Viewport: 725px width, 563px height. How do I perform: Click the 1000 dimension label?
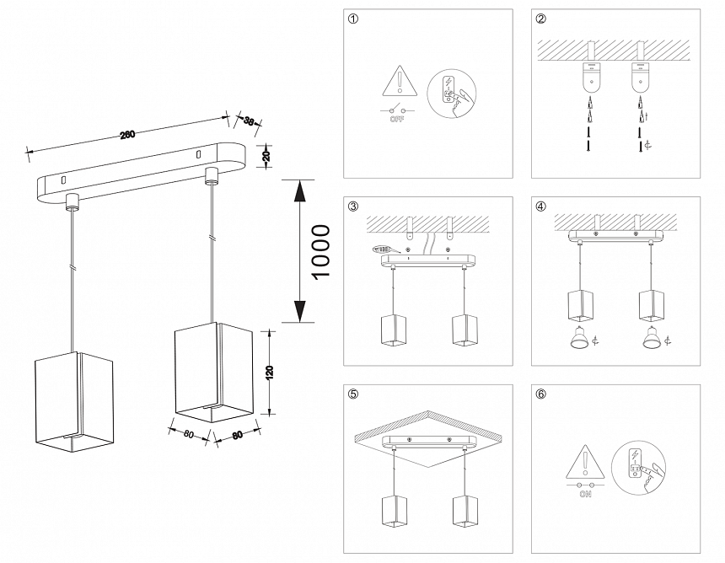[321, 251]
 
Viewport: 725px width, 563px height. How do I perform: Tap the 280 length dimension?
[128, 133]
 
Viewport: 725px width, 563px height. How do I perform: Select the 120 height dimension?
[269, 373]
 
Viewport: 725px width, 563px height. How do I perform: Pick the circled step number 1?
[352, 19]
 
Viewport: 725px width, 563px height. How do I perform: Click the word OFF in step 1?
[396, 121]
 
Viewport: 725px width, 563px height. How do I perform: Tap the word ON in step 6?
[585, 496]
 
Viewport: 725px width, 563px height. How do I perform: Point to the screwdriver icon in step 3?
[384, 249]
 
